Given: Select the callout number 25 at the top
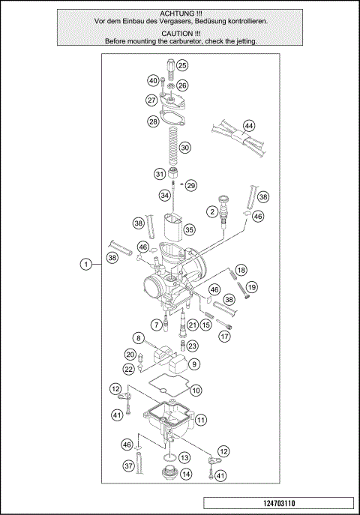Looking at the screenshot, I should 182,66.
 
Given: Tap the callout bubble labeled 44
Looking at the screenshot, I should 249,125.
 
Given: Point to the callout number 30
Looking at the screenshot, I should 184,148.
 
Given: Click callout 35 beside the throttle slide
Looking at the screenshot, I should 189,229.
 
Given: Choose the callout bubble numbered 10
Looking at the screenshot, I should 196,390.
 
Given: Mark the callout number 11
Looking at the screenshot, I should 201,421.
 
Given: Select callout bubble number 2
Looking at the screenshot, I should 212,213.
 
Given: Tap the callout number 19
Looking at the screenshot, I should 252,286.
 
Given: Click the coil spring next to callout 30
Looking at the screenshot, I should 171,147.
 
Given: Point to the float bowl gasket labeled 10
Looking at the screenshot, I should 161,392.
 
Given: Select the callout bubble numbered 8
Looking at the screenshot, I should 139,338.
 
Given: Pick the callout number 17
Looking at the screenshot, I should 224,337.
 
